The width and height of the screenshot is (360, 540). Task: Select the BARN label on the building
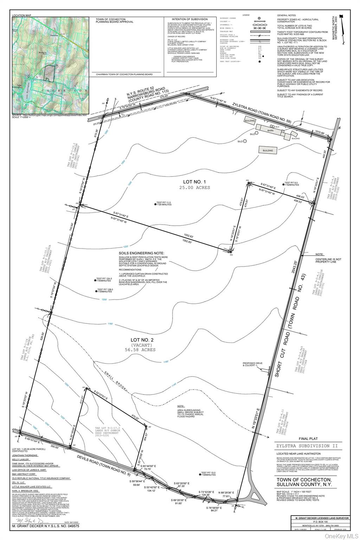(270, 130)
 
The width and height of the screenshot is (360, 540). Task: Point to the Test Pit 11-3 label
(164, 203)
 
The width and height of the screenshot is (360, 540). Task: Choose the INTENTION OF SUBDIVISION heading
(189, 19)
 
